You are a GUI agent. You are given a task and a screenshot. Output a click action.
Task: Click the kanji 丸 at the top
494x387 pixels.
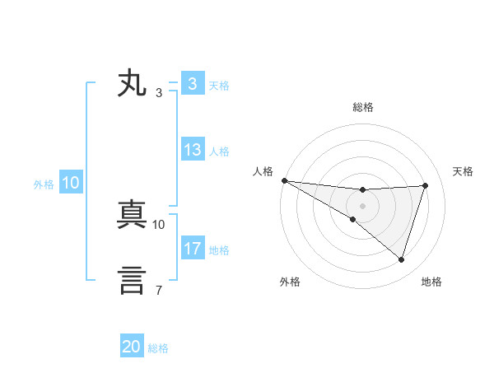133,85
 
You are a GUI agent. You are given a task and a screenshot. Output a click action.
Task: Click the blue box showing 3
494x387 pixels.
192,84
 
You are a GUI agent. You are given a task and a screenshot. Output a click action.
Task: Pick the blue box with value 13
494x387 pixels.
192,151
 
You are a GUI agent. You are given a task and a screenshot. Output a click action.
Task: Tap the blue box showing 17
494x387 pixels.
192,249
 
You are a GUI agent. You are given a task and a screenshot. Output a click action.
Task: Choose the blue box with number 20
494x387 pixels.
132,347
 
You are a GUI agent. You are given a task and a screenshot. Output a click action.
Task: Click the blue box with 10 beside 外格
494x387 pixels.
70,184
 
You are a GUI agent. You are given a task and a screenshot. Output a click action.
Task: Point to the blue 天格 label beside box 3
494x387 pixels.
219,85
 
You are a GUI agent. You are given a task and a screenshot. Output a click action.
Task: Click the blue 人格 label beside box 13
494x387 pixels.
219,152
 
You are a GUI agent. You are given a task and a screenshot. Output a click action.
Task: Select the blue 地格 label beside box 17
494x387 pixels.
219,249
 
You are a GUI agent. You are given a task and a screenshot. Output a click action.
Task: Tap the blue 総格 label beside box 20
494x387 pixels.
158,348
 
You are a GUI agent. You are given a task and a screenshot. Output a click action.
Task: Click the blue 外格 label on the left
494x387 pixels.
44,184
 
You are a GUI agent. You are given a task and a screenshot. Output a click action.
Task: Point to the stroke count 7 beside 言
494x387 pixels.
158,290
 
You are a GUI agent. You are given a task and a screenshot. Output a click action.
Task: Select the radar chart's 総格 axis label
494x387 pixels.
362,107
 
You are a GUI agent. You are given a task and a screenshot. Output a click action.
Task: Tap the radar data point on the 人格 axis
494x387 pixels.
284,180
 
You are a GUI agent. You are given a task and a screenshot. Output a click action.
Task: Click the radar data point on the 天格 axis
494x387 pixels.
426,185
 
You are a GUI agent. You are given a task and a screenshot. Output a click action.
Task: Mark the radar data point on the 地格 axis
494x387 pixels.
402,260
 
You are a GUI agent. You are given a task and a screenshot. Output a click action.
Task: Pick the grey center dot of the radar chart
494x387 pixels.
362,206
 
